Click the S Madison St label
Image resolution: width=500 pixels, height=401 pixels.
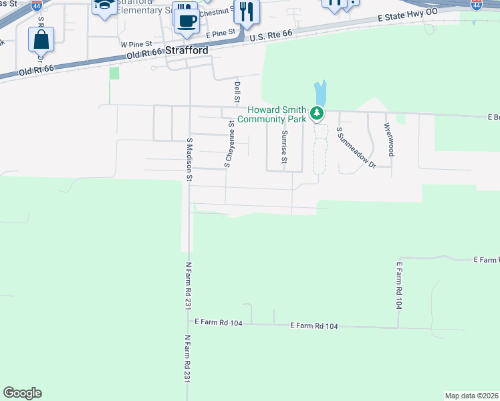[x=189, y=160]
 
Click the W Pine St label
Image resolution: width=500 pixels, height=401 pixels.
[x=133, y=43]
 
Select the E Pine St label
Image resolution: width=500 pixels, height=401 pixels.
[x=221, y=33]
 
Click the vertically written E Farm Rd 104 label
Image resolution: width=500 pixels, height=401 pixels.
[x=399, y=279]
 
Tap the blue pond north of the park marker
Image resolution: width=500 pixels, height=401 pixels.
[x=320, y=94]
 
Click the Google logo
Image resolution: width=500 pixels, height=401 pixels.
[x=22, y=393]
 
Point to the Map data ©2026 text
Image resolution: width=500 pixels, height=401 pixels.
[x=471, y=396]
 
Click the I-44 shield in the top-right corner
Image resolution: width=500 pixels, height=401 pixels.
[x=475, y=5]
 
